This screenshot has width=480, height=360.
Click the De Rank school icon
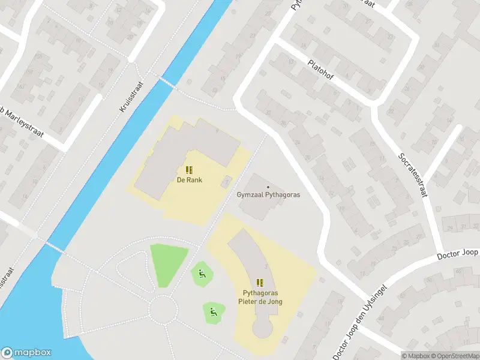point(188,170)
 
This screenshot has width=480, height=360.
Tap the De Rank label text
point(188,179)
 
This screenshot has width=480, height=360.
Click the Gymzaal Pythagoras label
point(268,194)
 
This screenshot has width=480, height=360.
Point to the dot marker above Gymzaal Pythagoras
point(268,187)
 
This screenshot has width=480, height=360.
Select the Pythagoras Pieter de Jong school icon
point(260,282)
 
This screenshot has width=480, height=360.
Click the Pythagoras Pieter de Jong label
point(260,297)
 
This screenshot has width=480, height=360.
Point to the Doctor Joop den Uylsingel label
point(360,321)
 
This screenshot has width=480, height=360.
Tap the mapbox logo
point(26,353)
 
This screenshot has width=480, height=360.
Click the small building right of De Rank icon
point(226,181)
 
